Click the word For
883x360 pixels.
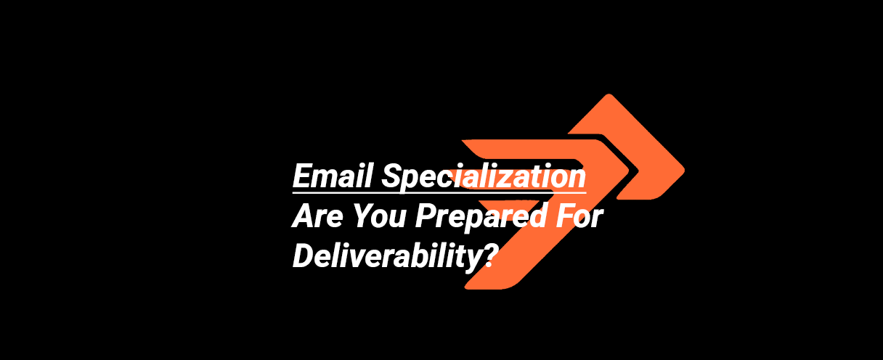coord(577,217)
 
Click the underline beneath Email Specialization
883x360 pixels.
coord(439,192)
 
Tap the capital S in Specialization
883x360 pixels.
coord(392,176)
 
